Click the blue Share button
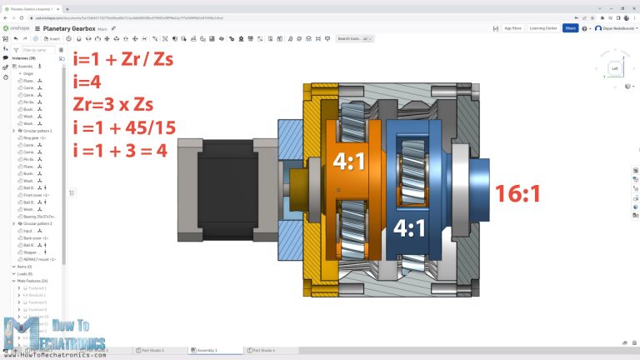570,27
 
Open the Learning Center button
543,27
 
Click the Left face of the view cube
615,68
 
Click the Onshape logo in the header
17,28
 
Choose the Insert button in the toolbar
53,38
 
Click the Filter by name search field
37,50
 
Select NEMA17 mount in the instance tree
40,259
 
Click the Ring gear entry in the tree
35,138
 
